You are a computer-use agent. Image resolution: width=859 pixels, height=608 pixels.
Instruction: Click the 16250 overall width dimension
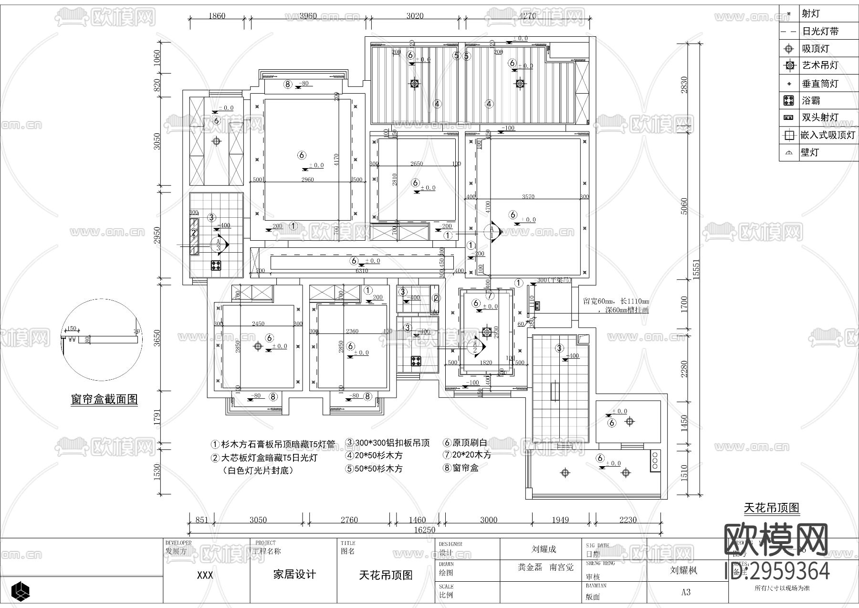tap(424, 530)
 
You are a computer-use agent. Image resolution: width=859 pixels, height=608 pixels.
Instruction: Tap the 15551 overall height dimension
tap(696, 270)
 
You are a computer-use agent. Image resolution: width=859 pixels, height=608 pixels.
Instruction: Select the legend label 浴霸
tap(811, 101)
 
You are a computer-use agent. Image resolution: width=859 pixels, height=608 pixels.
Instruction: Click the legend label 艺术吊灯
tap(820, 65)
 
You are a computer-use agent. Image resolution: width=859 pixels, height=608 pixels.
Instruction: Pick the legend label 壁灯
tap(809, 152)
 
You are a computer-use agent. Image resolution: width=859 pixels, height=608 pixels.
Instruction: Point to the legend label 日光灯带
tap(820, 32)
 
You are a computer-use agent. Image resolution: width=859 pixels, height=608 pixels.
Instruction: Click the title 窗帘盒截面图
tap(104, 399)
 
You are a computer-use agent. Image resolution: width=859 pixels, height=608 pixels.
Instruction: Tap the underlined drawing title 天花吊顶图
tap(771, 508)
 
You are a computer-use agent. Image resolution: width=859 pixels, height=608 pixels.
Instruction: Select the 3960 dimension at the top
tap(308, 16)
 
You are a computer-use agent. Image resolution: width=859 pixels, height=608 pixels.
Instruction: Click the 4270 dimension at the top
tap(527, 16)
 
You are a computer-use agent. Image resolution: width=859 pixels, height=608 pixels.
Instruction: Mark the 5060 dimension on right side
tap(684, 206)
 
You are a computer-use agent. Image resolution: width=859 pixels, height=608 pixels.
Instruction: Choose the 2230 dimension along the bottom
tap(628, 520)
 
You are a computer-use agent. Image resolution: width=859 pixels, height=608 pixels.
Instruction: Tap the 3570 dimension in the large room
tap(528, 196)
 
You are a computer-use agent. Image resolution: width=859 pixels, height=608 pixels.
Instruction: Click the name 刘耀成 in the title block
tap(544, 549)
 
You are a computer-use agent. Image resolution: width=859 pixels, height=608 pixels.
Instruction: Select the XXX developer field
tap(205, 575)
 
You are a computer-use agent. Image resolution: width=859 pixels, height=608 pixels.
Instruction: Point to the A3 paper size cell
tap(686, 592)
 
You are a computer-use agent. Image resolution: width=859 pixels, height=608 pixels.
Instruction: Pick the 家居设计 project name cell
tap(294, 575)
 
